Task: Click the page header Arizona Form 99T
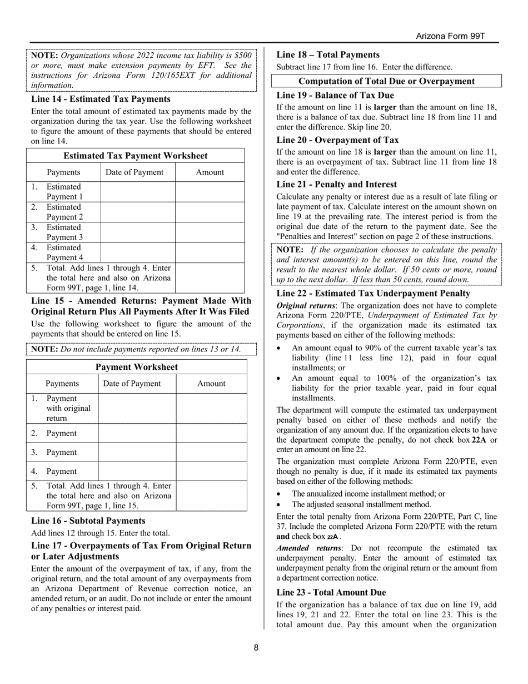pos(451,36)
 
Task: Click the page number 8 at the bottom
pos(256,647)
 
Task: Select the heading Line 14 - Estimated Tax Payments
pos(101,99)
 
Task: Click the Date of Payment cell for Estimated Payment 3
pos(138,232)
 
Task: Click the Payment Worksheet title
pos(137,367)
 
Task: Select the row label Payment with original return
pos(68,408)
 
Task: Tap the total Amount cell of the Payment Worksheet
pos(211,495)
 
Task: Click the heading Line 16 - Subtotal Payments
pos(88,521)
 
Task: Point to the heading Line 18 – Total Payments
pos(328,54)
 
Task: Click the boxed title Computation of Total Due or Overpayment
pos(387,81)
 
